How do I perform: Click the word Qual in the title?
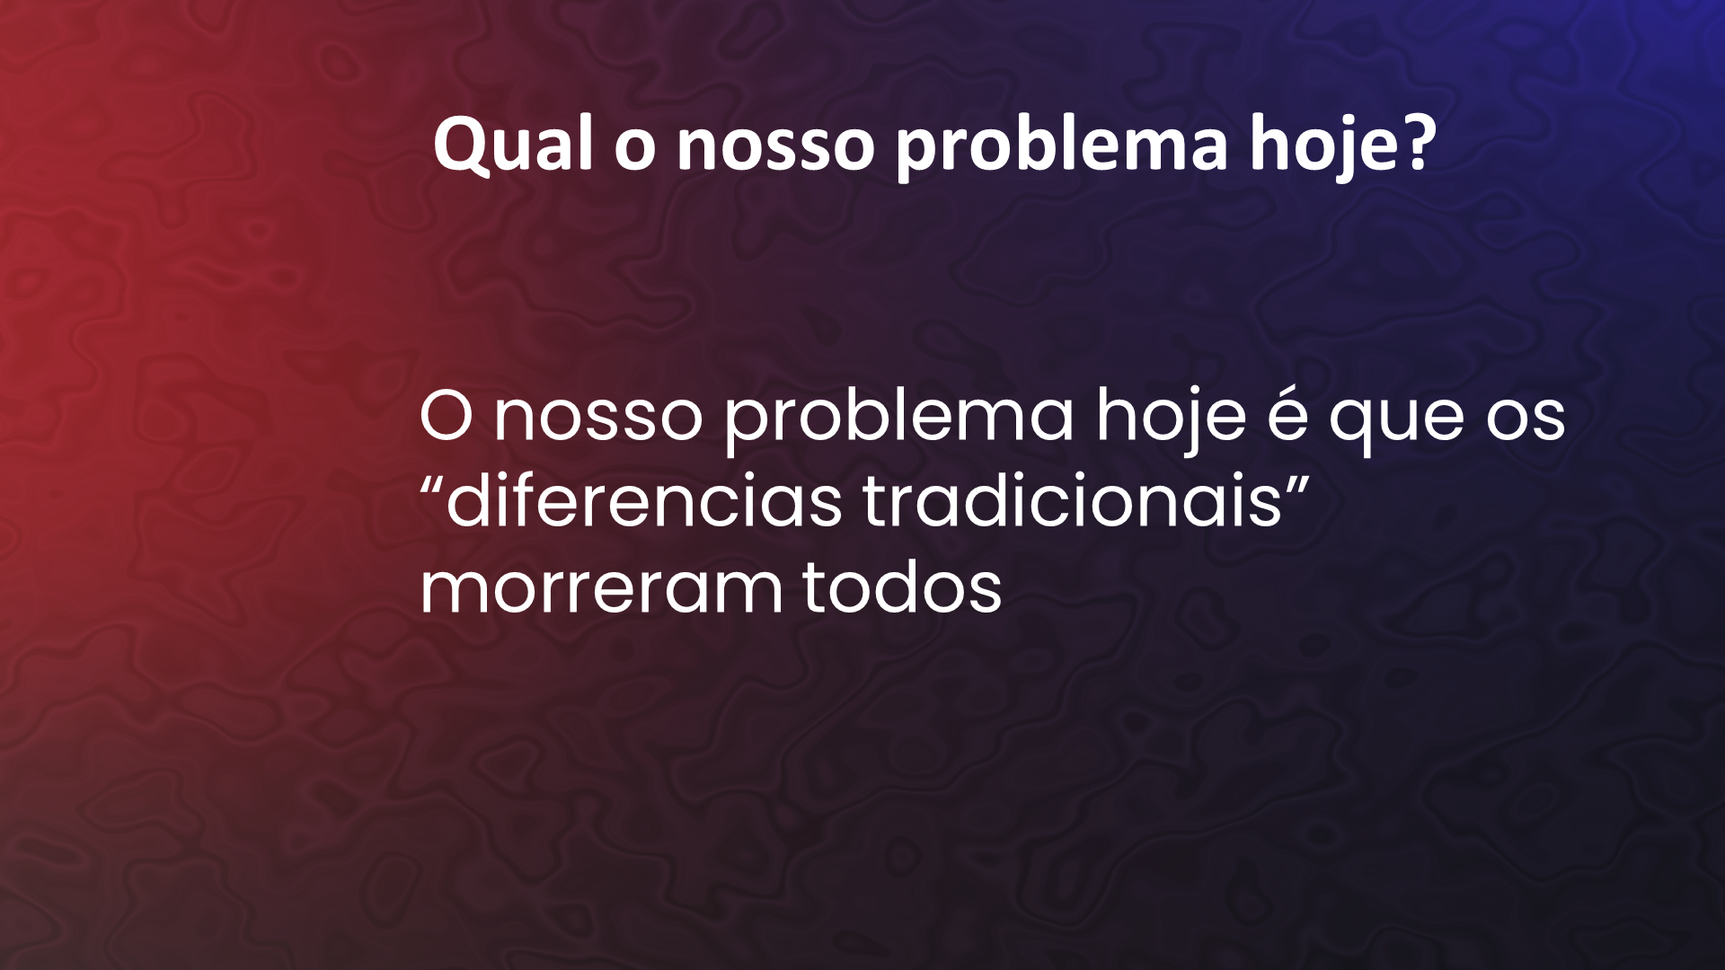point(513,144)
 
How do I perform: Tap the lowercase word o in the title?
point(635,149)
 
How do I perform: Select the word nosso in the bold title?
point(775,149)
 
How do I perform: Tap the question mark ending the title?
point(1418,142)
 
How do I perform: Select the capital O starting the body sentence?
point(447,415)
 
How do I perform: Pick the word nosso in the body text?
point(598,419)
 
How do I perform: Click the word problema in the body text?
point(899,417)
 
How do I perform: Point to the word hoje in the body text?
point(1171,417)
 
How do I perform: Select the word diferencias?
point(644,499)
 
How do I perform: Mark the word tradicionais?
point(1072,499)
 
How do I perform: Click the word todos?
point(901,586)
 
